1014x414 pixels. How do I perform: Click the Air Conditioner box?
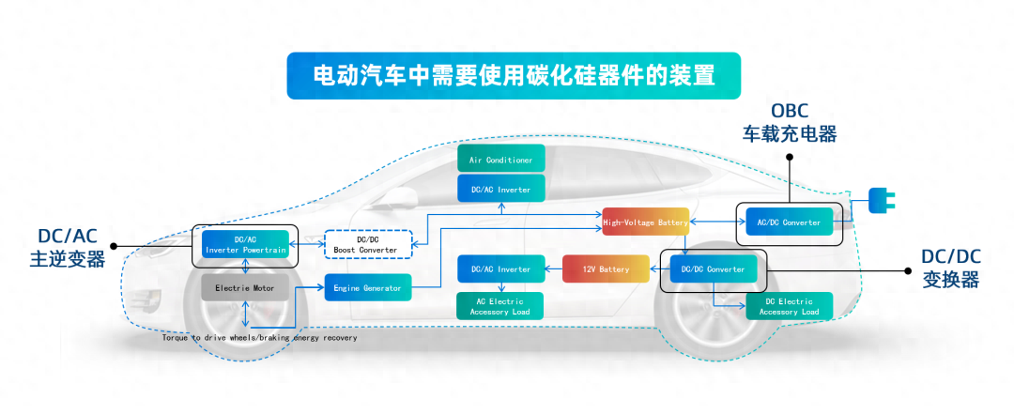pyautogui.click(x=500, y=160)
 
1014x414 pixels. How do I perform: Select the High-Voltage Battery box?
pyautogui.click(x=645, y=222)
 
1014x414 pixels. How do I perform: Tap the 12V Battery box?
pyautogui.click(x=606, y=269)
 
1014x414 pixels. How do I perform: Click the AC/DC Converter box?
pyautogui.click(x=788, y=222)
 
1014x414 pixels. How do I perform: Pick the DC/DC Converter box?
pyautogui.click(x=713, y=269)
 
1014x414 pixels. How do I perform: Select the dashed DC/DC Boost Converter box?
pyautogui.click(x=367, y=244)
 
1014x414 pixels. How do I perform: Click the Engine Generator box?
pyautogui.click(x=367, y=288)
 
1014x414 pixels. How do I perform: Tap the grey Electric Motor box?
pyautogui.click(x=244, y=288)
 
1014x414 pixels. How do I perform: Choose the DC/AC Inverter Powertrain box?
pyautogui.click(x=244, y=244)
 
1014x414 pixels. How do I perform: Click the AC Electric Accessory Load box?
pyautogui.click(x=500, y=306)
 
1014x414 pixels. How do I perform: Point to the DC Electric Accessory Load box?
pyautogui.click(x=789, y=306)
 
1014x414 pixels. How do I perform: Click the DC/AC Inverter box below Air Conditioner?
pyautogui.click(x=500, y=190)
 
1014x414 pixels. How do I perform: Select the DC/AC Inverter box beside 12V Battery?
pyautogui.click(x=500, y=269)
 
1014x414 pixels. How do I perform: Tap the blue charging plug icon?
pyautogui.click(x=880, y=199)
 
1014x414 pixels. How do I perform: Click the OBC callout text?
pyautogui.click(x=790, y=110)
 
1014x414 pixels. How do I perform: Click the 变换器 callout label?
pyautogui.click(x=949, y=280)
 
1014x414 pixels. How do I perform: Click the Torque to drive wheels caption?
pyautogui.click(x=259, y=337)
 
